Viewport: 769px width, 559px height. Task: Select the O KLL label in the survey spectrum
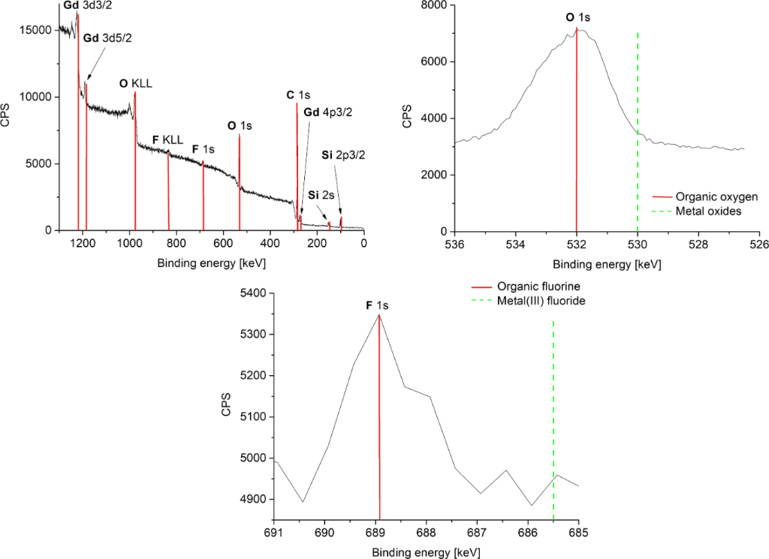[x=135, y=84]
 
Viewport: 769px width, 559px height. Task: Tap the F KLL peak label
[x=167, y=140]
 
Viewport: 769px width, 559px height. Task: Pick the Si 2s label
[x=321, y=194]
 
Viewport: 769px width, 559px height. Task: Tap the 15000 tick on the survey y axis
[x=35, y=30]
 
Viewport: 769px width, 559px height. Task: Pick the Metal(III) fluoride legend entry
[x=540, y=301]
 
